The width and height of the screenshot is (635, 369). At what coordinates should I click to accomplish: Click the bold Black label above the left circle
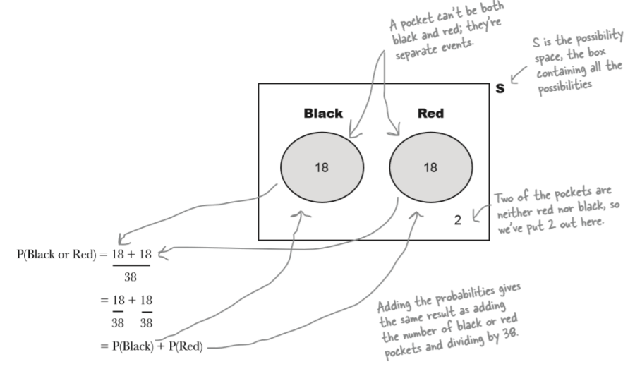click(323, 113)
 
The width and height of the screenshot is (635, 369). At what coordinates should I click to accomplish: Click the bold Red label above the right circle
click(430, 113)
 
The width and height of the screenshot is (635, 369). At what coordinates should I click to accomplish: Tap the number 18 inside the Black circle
click(322, 167)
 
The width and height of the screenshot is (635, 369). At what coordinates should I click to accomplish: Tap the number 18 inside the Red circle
click(430, 167)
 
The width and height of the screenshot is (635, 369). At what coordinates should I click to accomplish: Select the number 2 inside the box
click(457, 220)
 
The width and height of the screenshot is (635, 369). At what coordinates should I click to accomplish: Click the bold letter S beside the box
click(500, 90)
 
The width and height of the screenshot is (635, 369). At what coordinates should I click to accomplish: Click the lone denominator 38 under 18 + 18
click(131, 277)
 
